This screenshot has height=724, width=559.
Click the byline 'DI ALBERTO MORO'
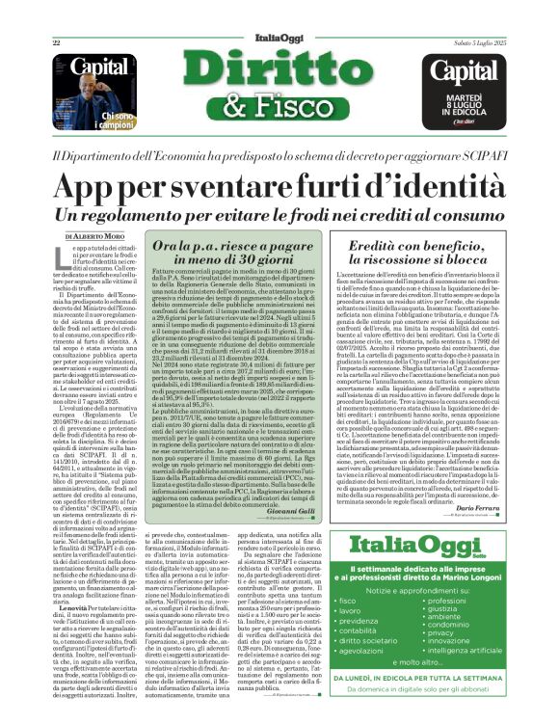(x=97, y=235)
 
